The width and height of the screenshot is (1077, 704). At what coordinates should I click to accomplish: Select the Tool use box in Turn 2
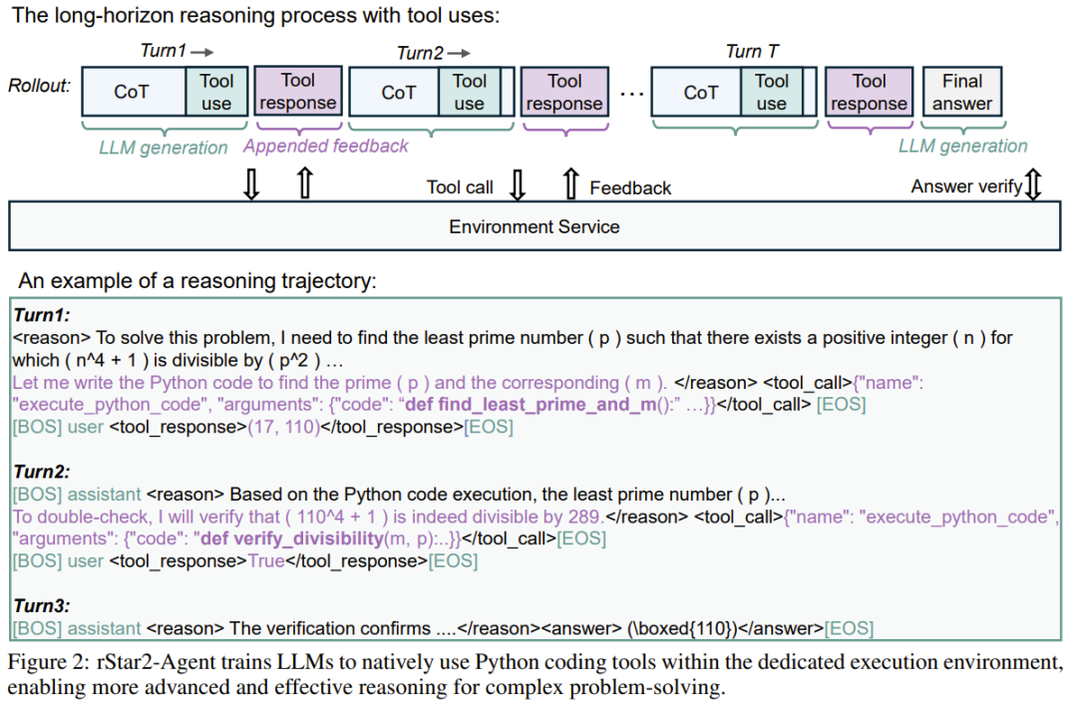tap(469, 92)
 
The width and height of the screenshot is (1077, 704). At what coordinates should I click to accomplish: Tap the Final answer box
tap(961, 92)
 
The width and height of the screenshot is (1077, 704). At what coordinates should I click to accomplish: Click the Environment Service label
tap(535, 226)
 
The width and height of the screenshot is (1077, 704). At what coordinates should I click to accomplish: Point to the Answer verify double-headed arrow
tap(1033, 184)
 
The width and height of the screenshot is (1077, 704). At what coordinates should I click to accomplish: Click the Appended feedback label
tap(325, 146)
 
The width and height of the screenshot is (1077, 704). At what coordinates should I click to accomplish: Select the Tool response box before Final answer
tap(869, 92)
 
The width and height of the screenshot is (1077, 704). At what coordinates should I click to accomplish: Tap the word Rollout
tap(39, 86)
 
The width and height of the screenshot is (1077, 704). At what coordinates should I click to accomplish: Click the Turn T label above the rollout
tap(752, 52)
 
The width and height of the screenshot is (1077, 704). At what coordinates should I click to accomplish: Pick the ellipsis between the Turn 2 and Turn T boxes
tap(631, 94)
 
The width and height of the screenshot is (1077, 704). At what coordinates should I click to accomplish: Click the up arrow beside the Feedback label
tap(570, 184)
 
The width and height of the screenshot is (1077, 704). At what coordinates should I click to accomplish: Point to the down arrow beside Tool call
tap(518, 184)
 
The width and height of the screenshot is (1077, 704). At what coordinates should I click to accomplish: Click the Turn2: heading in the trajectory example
tap(42, 472)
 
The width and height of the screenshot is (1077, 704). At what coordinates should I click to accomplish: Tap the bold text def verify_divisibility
tap(291, 538)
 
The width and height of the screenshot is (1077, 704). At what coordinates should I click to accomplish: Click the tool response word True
tap(266, 561)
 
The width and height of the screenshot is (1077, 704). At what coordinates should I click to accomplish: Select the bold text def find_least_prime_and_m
tap(531, 405)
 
